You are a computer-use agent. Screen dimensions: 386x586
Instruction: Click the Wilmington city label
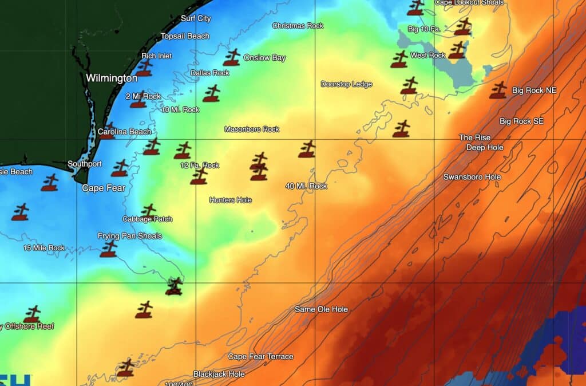[112, 78]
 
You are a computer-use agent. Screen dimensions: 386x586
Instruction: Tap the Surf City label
[196, 18]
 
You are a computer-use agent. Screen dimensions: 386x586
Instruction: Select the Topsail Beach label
[185, 36]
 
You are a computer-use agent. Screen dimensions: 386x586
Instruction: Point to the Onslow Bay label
[264, 58]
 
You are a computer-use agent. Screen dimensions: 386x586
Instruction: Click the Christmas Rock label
[298, 26]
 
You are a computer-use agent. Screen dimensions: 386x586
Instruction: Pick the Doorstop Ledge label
[346, 84]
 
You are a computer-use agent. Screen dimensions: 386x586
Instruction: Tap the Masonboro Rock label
[252, 129]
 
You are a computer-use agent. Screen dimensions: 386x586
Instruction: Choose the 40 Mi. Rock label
[306, 186]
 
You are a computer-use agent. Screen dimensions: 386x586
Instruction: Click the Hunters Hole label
[231, 200]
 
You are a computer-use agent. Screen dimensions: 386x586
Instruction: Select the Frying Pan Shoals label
[130, 236]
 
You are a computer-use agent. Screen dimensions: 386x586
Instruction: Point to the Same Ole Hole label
[321, 309]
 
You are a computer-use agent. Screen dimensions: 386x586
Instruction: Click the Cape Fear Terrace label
[260, 356]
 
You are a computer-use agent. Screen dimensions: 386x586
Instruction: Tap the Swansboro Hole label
[472, 177]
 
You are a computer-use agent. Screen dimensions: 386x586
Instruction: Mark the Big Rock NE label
[534, 90]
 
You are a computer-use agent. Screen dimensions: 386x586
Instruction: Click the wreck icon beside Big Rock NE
[498, 90]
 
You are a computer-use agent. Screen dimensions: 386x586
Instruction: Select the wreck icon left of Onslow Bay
[232, 57]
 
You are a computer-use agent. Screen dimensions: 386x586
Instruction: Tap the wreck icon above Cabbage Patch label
[148, 210]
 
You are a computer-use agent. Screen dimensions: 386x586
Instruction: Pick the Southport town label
[85, 164]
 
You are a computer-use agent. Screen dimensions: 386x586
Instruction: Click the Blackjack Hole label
[219, 374]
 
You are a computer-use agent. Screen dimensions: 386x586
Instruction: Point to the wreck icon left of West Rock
[399, 59]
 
